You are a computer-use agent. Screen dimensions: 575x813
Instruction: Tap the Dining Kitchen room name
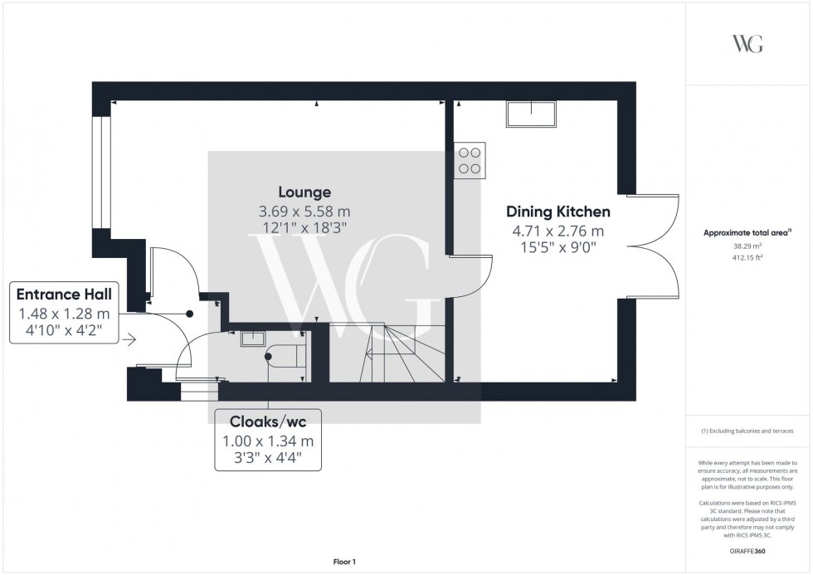[x=557, y=212]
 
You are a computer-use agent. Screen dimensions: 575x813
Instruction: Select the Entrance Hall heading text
[x=64, y=294]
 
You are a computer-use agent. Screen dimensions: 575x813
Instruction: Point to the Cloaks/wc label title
[x=267, y=421]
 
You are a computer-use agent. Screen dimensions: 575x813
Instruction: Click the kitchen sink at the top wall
[x=530, y=115]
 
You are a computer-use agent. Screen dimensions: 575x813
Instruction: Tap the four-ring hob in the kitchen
[x=470, y=160]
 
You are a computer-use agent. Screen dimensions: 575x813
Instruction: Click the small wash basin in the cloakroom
[x=252, y=338]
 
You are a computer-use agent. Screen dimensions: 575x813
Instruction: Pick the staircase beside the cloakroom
[x=392, y=353]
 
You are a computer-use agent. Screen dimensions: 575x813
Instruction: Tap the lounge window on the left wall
[x=101, y=173]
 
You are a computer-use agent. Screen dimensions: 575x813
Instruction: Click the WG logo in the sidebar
[x=747, y=44]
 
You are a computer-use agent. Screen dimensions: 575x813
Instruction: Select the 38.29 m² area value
[x=747, y=246]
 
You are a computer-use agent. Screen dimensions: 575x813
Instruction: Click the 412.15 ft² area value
[x=747, y=257]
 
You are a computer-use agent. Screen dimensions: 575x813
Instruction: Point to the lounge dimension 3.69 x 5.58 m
[x=304, y=212]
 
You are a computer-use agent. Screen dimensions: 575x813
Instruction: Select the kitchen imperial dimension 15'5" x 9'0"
[x=557, y=246]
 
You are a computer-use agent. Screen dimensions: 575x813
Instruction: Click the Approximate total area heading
[x=747, y=233]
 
